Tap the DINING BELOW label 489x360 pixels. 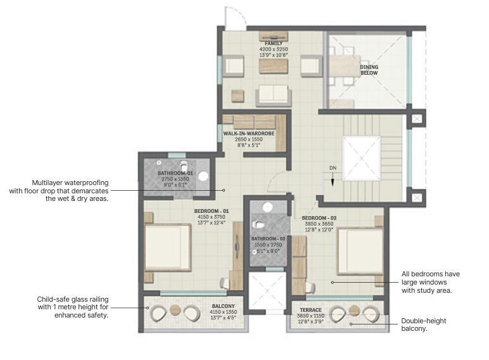click(x=369, y=70)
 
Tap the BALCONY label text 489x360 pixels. click(x=224, y=305)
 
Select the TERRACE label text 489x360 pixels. click(x=310, y=310)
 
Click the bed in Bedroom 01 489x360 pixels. click(x=168, y=248)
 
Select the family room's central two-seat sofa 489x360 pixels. click(x=273, y=94)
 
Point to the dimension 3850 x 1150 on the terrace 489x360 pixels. click(x=310, y=316)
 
